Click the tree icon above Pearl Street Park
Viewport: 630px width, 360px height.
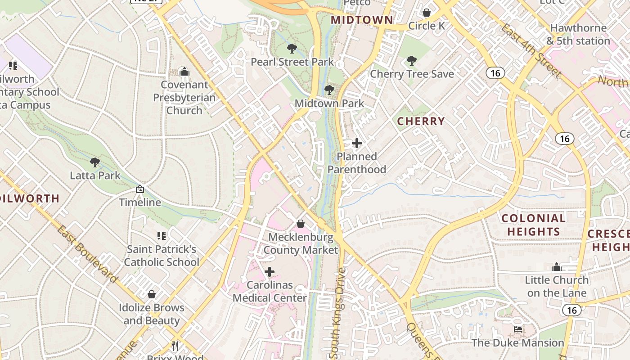click(292, 48)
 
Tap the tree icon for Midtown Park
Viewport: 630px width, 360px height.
click(329, 90)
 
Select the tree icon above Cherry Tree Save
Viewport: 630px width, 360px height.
click(411, 60)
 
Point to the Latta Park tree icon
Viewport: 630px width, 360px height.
click(94, 162)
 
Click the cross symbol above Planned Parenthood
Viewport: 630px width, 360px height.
click(357, 144)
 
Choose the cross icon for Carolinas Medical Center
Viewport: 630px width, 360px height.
click(270, 272)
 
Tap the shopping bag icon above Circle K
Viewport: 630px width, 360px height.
click(427, 13)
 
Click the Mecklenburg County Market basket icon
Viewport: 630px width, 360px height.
click(301, 224)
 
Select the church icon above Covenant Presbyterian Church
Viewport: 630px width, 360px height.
click(184, 72)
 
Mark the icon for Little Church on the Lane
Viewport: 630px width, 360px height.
click(557, 267)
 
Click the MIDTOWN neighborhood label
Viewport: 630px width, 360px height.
click(362, 20)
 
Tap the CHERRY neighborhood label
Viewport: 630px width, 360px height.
click(421, 121)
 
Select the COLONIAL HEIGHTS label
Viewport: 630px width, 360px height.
click(533, 225)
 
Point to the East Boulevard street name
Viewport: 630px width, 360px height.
click(87, 254)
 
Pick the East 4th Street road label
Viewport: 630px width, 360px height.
click(531, 50)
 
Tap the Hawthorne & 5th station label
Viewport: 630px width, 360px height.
click(578, 34)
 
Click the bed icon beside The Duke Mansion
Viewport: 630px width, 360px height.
click(518, 330)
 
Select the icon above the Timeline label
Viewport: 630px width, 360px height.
click(140, 189)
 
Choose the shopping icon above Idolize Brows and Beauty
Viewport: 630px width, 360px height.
click(152, 294)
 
